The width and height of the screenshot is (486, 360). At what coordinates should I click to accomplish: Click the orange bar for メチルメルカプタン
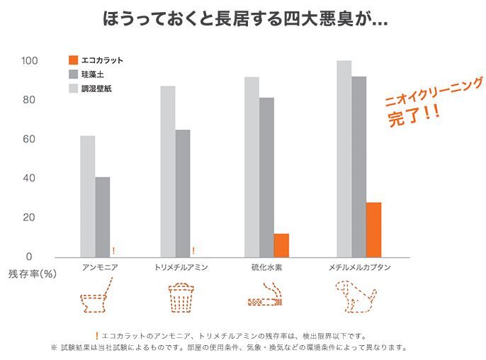coord(373,230)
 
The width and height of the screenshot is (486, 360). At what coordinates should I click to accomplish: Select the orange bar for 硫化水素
coord(281,246)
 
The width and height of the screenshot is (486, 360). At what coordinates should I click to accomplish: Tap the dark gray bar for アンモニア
coord(103,217)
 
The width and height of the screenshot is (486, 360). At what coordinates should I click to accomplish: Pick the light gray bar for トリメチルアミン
coord(168,171)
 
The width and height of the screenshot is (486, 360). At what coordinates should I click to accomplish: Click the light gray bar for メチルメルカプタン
coord(344,159)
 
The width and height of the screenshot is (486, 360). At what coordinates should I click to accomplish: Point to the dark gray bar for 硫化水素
coord(266,177)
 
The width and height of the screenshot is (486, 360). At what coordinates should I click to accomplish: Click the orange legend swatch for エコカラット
coord(73,60)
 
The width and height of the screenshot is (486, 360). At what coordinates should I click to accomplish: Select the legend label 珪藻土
coord(92,74)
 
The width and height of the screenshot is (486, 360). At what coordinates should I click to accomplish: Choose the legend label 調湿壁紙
coord(96,89)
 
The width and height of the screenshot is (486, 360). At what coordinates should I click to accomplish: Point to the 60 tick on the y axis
coord(29,139)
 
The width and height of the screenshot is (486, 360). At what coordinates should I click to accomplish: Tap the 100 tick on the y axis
coord(30,60)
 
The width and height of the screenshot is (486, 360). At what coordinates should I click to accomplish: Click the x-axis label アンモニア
coord(100,267)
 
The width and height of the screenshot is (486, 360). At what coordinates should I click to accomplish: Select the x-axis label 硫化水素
coord(266,267)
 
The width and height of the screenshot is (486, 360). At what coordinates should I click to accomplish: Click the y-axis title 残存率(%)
coord(33,274)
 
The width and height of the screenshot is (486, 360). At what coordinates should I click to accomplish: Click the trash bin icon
coord(181,297)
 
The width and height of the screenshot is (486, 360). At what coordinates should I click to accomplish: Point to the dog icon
coord(356,297)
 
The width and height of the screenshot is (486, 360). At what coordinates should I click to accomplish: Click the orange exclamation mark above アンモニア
coord(114,251)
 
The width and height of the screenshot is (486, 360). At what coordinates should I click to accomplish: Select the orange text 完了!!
coord(414,116)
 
